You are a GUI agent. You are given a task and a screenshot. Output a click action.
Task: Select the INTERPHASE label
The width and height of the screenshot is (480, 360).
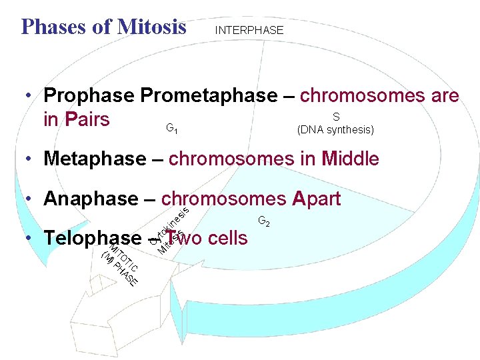[x=249, y=30]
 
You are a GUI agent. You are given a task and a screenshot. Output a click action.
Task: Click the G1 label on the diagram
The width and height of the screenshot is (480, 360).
[x=171, y=127]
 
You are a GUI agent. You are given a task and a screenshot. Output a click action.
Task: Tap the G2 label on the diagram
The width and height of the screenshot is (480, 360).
[x=263, y=221]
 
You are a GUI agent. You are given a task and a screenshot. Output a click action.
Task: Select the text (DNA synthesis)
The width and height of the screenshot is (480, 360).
[x=335, y=130]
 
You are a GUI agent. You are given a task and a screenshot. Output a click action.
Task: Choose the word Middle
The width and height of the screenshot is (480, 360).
[x=350, y=159]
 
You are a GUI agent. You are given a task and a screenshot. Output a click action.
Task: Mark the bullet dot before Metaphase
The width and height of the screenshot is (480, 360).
[x=29, y=159]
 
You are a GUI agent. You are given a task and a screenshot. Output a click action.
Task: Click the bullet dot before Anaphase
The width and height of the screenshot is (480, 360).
[x=29, y=199]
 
